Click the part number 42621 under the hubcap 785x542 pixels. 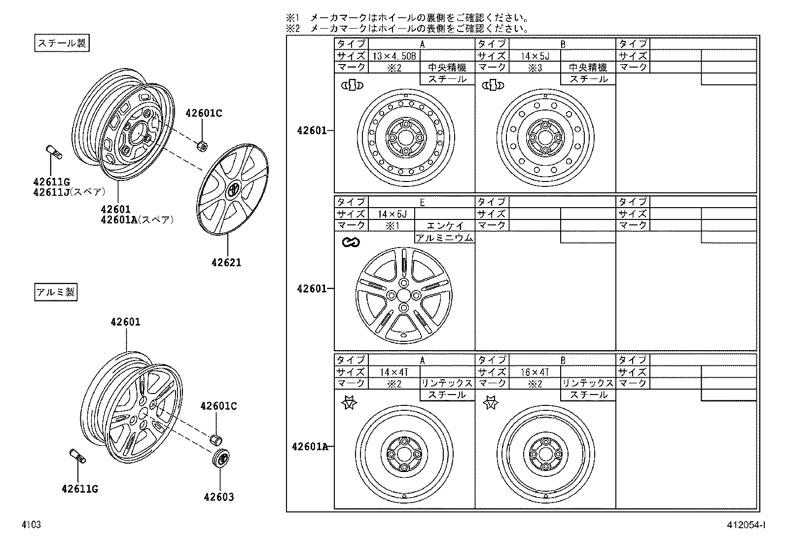coord(226,263)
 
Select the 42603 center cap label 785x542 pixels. coord(218,497)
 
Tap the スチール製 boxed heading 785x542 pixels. coord(62,43)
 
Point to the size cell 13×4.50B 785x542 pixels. coord(393,56)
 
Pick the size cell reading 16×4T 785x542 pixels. coord(535,372)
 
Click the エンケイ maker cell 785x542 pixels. coord(445,225)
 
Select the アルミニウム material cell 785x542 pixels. coord(444,238)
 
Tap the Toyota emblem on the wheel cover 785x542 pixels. coord(233,189)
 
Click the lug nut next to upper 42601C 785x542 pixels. coord(202,145)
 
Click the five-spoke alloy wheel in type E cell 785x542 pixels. coord(403,295)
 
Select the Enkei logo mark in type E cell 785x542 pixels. coord(351,242)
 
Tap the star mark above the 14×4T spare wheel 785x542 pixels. coord(349,403)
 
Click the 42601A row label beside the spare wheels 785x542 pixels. coord(310,447)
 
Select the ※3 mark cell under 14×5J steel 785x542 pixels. coord(535,68)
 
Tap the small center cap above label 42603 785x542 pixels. coord(222,458)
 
